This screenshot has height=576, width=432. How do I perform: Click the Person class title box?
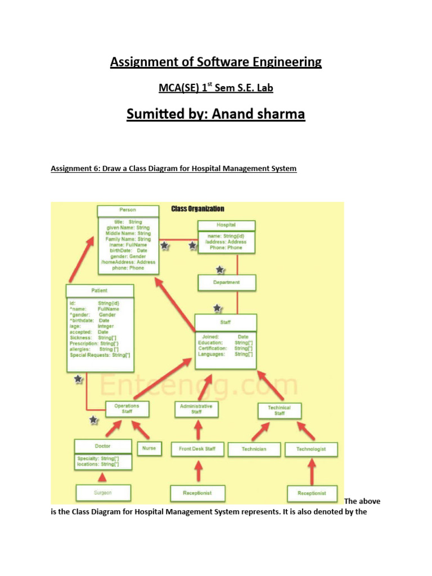point(128,210)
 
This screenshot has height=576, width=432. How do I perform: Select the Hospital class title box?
point(226,225)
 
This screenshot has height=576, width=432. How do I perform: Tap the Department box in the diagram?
point(227,282)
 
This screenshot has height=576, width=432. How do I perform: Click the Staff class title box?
point(226,323)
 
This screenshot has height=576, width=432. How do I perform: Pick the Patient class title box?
point(100,291)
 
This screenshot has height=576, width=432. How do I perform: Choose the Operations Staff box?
point(127,409)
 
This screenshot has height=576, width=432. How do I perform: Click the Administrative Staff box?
point(196,409)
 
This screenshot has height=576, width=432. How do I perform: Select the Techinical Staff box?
point(280,410)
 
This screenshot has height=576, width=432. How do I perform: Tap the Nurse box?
point(148,448)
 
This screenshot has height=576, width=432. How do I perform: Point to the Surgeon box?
point(103,493)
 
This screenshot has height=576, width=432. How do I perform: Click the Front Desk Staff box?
point(197,448)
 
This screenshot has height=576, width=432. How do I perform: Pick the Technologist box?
point(312,449)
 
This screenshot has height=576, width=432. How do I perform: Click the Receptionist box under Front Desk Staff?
point(197,493)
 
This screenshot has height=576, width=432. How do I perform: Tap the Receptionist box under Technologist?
point(312,493)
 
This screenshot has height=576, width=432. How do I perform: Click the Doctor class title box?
point(103,446)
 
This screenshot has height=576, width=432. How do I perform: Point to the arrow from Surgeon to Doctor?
point(102,477)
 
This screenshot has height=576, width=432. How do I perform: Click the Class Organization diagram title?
point(197,209)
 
